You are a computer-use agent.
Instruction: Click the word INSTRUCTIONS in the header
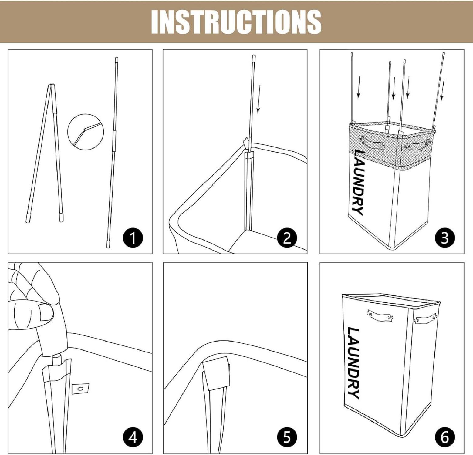(236, 22)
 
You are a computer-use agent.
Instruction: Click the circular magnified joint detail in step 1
(86, 132)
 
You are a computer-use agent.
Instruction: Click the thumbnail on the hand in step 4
(46, 312)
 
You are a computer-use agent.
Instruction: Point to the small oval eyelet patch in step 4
(80, 389)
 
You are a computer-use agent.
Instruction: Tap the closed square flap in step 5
(216, 373)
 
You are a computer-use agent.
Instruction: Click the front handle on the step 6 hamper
(380, 316)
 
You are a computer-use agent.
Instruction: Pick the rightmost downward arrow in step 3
(443, 90)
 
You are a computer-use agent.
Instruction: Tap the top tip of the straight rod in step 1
(117, 57)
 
